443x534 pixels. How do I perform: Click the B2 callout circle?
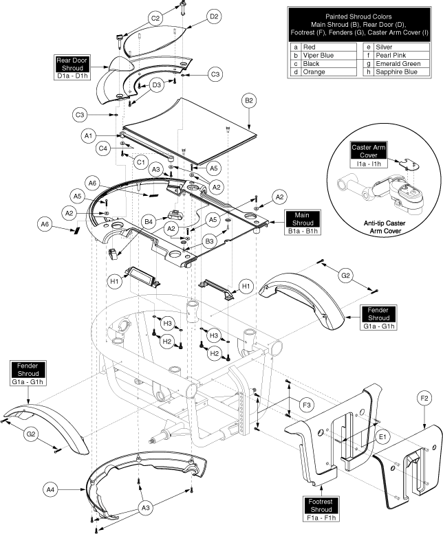[249, 101]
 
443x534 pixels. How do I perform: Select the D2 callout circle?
[214, 16]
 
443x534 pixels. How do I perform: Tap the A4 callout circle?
[50, 490]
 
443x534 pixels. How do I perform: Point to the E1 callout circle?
[383, 437]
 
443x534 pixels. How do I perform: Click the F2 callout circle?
[424, 398]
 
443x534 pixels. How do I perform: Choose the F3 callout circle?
[307, 405]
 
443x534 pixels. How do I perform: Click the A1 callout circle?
[88, 136]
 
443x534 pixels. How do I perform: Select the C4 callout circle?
[103, 148]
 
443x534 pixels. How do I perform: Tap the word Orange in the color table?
[314, 72]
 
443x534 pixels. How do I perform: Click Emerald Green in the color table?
[398, 64]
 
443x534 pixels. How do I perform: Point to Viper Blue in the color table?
[318, 55]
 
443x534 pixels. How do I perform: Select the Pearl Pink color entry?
[391, 55]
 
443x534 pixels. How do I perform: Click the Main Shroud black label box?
[302, 219]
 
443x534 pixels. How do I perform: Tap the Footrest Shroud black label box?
[321, 506]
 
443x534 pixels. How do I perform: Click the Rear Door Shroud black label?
[72, 64]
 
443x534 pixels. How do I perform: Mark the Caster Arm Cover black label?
[369, 151]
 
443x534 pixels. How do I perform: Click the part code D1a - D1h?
[72, 76]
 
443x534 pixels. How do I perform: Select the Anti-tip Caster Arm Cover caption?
[385, 227]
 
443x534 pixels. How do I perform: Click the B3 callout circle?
[210, 241]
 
